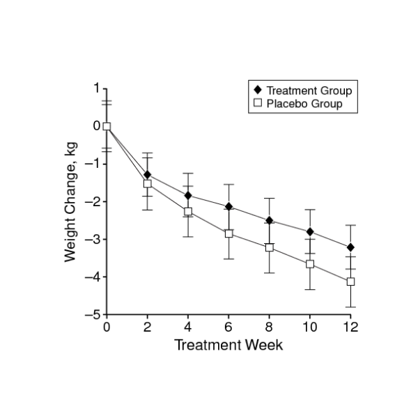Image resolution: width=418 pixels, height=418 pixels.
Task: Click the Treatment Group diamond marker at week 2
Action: coord(147,174)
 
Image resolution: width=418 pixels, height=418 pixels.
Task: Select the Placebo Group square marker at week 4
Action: coord(188,212)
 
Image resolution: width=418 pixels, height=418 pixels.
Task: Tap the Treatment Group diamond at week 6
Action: coord(229,207)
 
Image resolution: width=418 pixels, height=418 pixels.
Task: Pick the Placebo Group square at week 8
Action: coord(269,247)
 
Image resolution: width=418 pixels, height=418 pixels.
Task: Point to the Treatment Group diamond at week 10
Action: coord(310,232)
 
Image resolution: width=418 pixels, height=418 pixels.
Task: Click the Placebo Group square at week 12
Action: coord(350,281)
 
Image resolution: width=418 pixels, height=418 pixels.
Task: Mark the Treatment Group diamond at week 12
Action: coord(350,247)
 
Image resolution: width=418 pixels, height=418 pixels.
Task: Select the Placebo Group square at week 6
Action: coord(229,234)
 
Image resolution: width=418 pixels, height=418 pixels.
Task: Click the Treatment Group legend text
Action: coord(309,91)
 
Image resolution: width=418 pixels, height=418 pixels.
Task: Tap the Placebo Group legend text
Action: coord(304,104)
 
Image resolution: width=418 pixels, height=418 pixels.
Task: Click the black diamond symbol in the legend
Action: coord(257,91)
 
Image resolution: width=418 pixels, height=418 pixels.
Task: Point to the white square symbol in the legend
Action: coord(257,104)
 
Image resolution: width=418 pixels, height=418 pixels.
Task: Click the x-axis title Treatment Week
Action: coord(229,345)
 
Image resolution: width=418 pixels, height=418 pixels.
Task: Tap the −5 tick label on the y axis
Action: coord(91,315)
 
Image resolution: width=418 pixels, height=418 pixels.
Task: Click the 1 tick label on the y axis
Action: coord(96,88)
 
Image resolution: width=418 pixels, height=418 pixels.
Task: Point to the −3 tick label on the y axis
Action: coord(91,239)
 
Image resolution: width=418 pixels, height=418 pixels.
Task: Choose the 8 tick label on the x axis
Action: coord(269,327)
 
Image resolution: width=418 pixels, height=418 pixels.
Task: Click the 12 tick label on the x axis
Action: coord(350,327)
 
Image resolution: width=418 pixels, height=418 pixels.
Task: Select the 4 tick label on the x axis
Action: coord(188,327)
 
